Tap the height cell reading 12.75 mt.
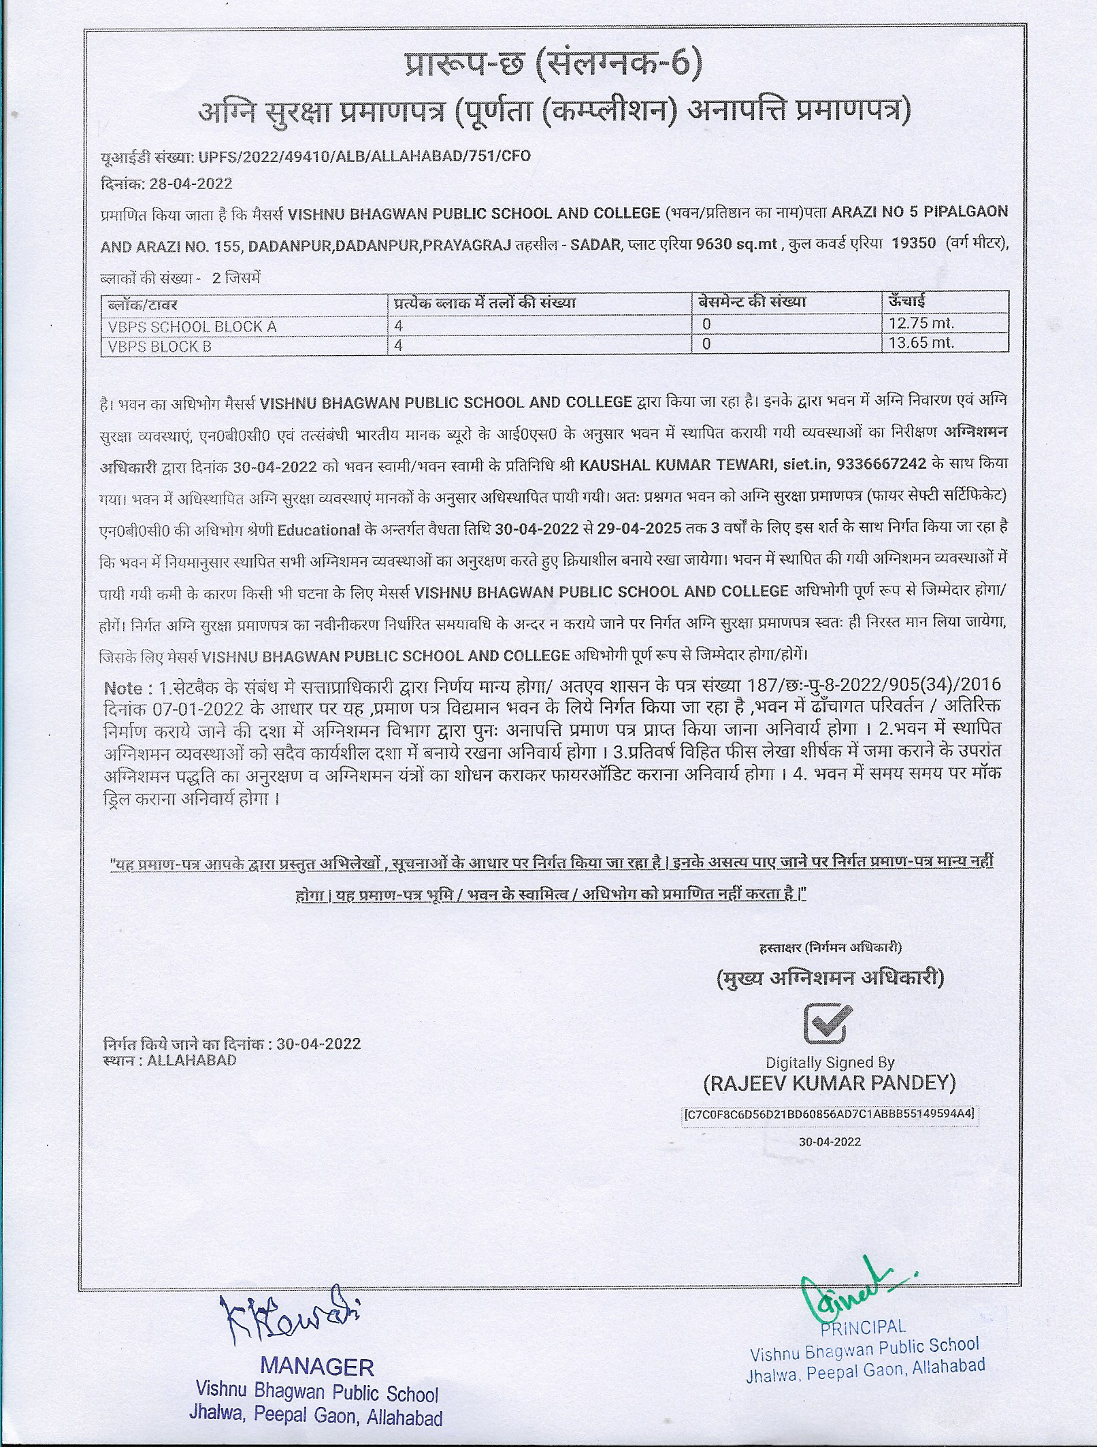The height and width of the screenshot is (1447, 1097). click(921, 323)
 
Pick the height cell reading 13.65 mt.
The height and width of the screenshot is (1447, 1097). click(921, 343)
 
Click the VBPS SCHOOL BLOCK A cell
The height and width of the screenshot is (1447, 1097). click(193, 327)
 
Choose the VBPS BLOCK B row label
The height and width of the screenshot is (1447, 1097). click(160, 346)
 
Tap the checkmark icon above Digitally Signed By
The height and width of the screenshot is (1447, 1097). click(828, 1025)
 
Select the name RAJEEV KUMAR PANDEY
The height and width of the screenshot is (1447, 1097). click(830, 1083)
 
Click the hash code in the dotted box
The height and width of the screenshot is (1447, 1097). click(830, 1114)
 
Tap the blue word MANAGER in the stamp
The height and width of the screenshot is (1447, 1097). click(317, 1367)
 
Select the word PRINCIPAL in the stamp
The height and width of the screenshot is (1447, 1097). click(863, 1326)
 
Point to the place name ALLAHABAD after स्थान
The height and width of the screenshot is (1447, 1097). click(191, 1060)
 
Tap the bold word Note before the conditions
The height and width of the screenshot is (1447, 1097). click(123, 688)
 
